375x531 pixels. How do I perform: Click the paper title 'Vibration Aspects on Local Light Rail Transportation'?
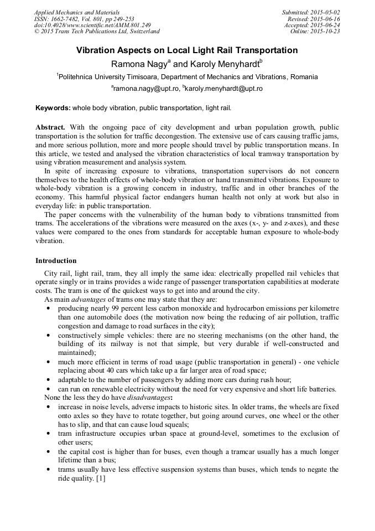tap(187, 50)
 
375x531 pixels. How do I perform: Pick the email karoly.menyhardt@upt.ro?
tap(225, 89)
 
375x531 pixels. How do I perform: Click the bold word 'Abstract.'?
tap(50, 127)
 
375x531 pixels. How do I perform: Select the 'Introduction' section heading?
tap(56, 261)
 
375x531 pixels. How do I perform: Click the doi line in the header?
tap(92, 25)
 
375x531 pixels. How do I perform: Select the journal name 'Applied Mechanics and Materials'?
tap(77, 12)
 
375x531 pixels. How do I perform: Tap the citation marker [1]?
tap(101, 479)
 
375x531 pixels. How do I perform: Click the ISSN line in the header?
tap(84, 19)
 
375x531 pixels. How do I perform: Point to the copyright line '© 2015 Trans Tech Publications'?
tap(97, 32)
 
